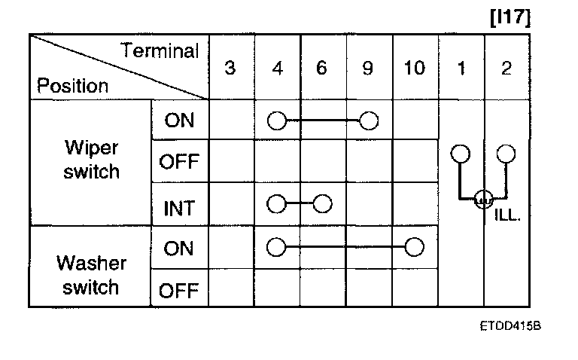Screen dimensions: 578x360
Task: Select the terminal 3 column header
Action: coord(230,68)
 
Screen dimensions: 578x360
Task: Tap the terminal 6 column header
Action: coord(322,68)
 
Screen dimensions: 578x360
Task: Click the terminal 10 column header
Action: coord(414,68)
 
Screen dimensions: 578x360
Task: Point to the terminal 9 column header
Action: coord(368,68)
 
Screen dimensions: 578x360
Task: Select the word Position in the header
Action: coord(72,86)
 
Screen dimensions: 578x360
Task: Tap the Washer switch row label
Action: coord(91,276)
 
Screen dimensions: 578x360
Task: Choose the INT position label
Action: coord(179,208)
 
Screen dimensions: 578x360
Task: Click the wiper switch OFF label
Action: coord(179,162)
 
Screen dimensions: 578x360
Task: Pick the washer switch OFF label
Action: coord(179,291)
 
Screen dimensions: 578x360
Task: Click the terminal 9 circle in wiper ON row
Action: coord(369,121)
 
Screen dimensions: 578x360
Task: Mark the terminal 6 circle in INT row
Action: coord(323,204)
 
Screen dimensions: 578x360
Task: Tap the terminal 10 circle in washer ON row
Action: coord(414,247)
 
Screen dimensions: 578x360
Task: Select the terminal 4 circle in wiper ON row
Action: coord(277,121)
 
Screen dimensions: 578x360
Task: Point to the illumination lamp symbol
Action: coord(483,200)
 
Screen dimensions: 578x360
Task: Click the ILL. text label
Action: coord(509,214)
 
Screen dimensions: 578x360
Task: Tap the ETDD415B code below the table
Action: coord(510,328)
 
